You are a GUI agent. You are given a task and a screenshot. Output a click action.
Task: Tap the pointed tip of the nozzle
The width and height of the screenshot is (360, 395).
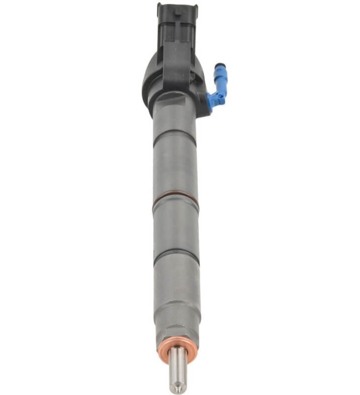click(x=178, y=390)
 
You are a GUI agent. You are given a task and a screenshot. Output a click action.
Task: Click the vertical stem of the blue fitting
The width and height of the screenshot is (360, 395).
click(x=220, y=78)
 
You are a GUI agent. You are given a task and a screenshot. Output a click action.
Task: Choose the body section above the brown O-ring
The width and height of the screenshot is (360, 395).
click(x=175, y=169)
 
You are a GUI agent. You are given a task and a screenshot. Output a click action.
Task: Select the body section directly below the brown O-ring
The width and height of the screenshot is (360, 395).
click(x=176, y=230)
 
